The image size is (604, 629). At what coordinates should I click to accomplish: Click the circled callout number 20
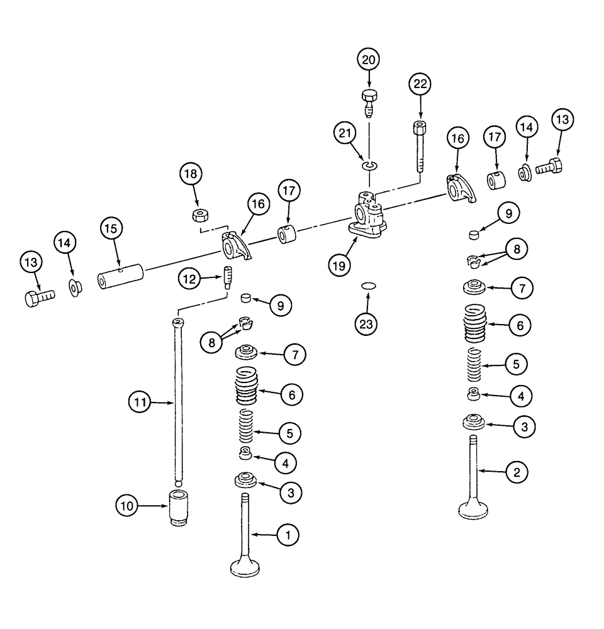click(369, 61)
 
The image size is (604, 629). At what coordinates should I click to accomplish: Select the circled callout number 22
click(421, 84)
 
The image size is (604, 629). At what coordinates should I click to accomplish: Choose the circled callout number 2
click(516, 471)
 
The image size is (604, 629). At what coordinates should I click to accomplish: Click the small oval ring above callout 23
click(369, 286)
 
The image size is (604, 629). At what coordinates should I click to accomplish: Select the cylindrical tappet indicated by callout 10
click(178, 507)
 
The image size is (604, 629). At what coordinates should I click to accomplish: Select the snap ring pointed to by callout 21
click(369, 165)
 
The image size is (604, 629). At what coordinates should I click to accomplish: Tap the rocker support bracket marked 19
click(366, 218)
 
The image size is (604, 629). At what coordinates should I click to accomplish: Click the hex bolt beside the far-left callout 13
click(39, 298)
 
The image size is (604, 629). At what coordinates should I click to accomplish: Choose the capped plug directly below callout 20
click(369, 101)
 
